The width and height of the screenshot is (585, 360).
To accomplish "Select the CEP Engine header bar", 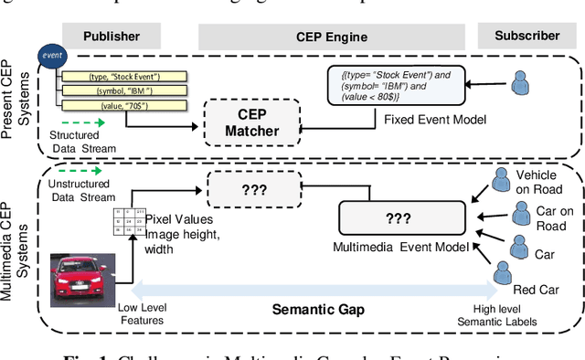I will point(333,36).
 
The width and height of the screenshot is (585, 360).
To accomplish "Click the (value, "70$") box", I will point(125,106).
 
